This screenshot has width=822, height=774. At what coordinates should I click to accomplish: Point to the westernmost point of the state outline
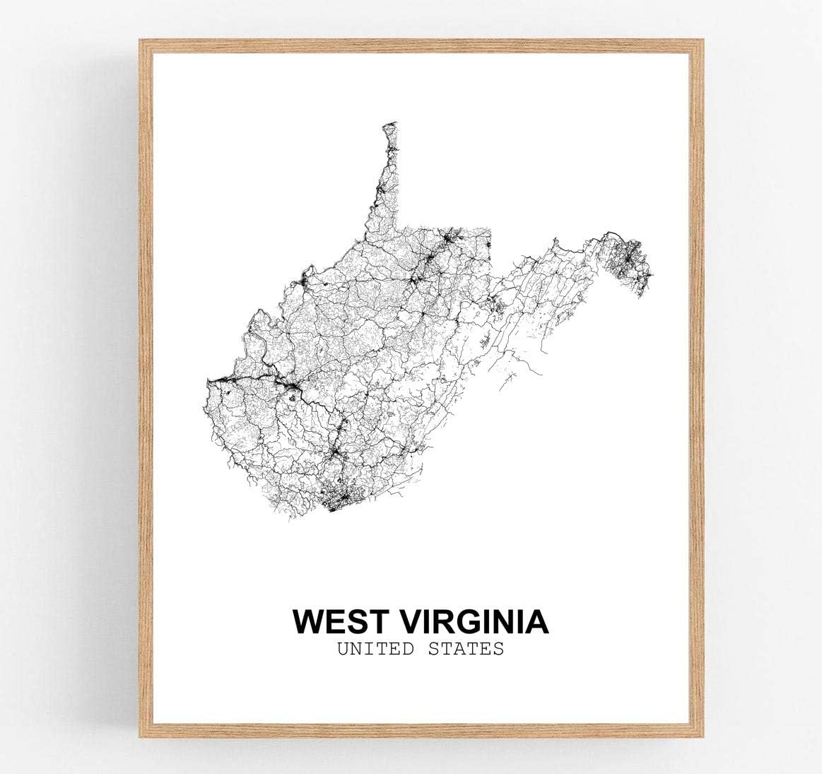click(207, 386)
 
